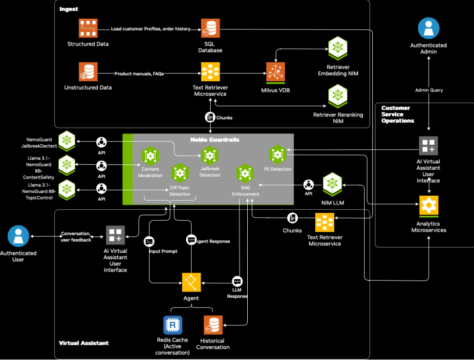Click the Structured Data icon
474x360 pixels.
(x=88, y=29)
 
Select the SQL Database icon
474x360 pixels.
(x=210, y=29)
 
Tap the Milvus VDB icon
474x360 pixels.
(x=276, y=72)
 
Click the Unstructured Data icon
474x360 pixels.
(x=88, y=72)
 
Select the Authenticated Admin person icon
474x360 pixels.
(x=428, y=28)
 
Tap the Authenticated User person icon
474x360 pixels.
(x=18, y=236)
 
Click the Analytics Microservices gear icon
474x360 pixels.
(x=429, y=206)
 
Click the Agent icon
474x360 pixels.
(x=191, y=283)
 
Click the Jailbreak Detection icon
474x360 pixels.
(x=210, y=156)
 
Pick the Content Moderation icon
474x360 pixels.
(x=150, y=156)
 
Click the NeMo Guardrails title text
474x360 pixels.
(x=215, y=140)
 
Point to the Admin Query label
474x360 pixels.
(x=429, y=90)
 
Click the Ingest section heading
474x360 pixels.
(x=69, y=9)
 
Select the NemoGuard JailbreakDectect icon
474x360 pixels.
(x=66, y=140)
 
